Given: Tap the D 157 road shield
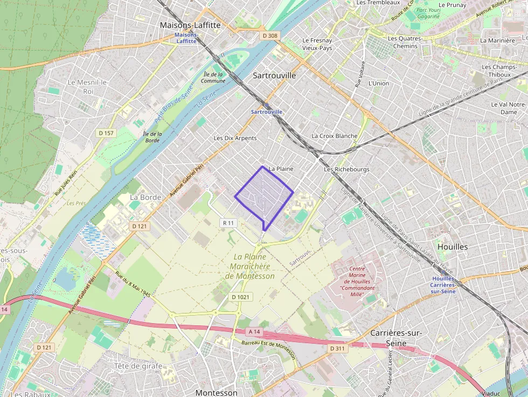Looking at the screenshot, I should pos(106,133).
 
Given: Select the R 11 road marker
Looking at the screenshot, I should pos(228,222).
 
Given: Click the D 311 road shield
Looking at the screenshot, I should pos(337,349).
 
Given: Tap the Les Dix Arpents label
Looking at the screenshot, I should pos(235,138).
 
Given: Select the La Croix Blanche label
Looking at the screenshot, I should pos(334,136).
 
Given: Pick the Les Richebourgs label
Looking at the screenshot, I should pos(346,169).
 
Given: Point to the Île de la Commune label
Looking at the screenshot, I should pos(213,78).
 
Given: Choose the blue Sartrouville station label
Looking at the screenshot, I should pos(267,112).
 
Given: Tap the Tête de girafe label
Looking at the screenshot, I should pos(138,366).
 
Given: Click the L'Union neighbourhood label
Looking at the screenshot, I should pos(378,83).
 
